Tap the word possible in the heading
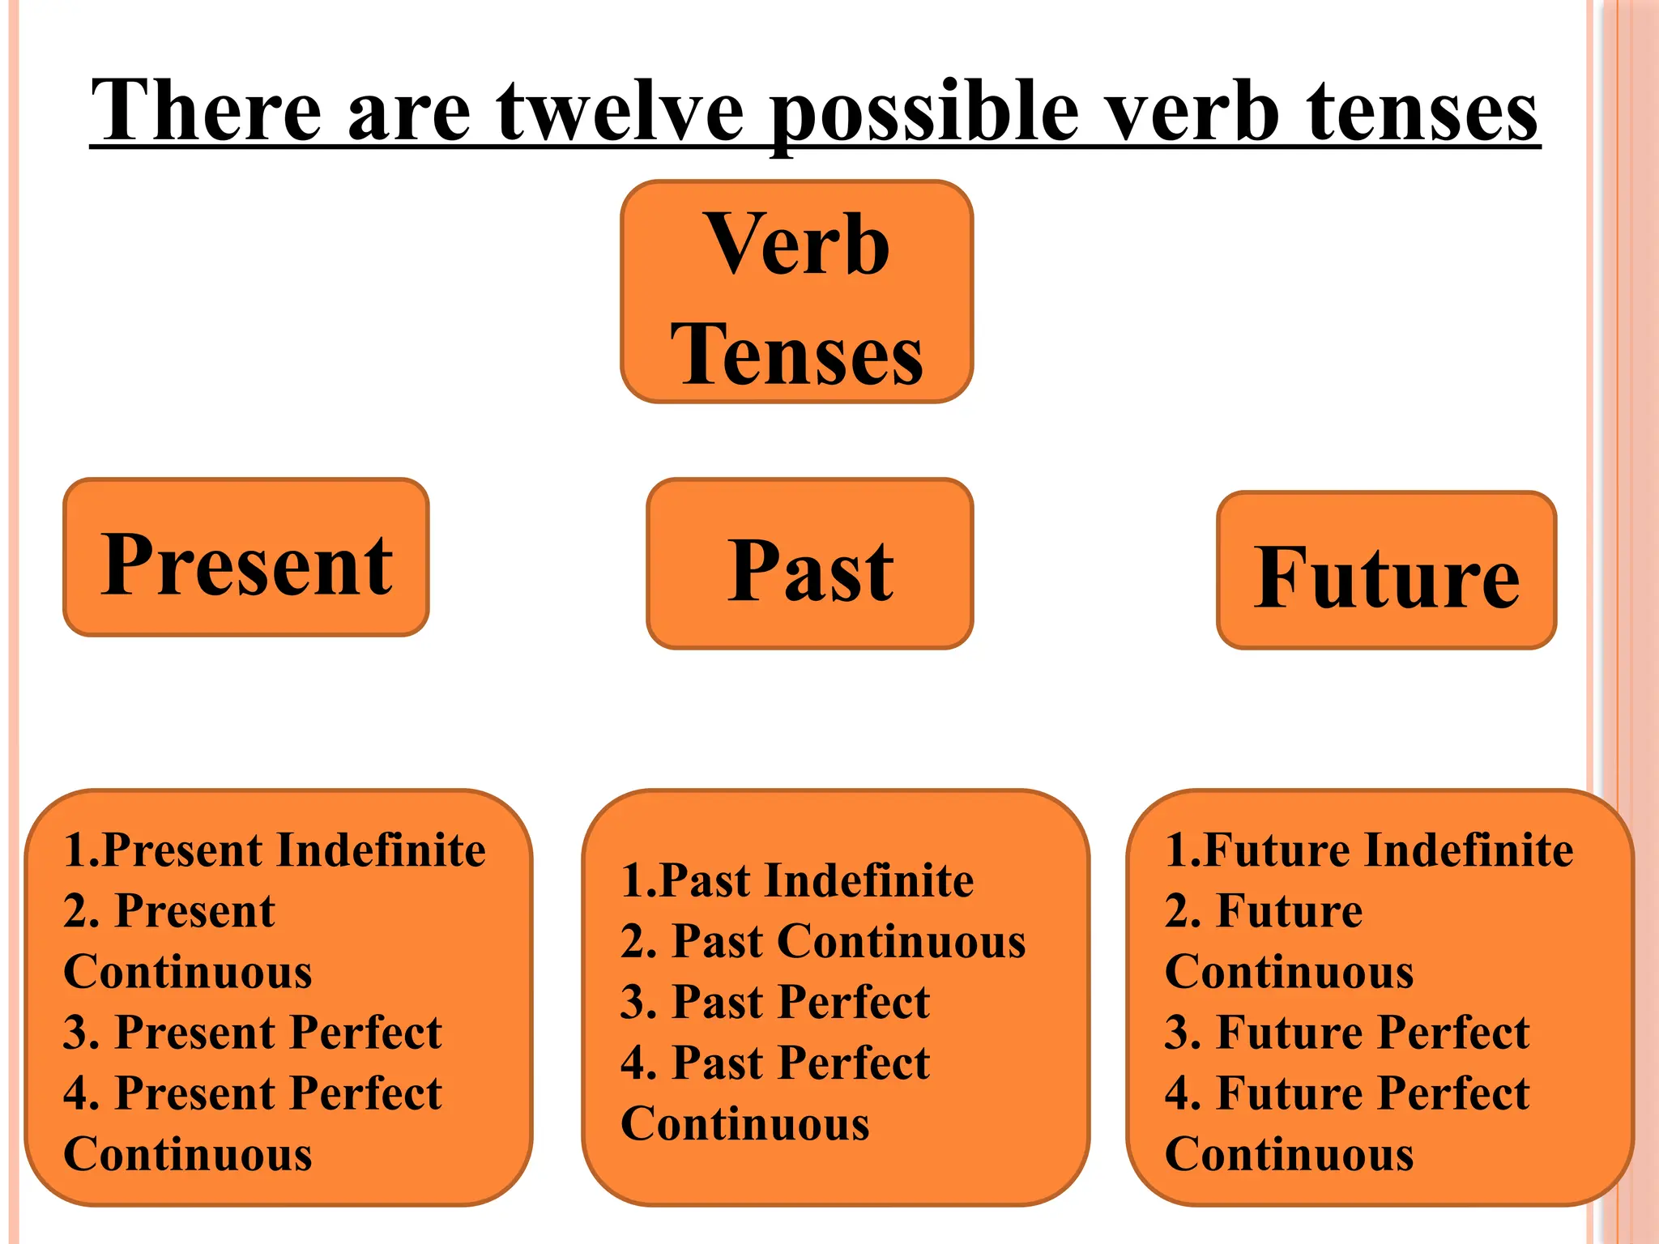924,113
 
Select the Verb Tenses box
796,292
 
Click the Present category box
246,557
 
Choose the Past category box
809,564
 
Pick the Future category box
1386,570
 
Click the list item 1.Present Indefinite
275,850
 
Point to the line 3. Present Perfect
253,1033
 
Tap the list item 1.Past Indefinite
797,880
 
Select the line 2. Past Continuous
823,941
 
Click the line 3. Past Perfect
775,1002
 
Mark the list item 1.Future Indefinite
1369,850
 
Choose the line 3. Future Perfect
1347,1033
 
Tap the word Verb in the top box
798,244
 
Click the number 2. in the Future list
1183,911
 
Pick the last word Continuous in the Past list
745,1124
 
